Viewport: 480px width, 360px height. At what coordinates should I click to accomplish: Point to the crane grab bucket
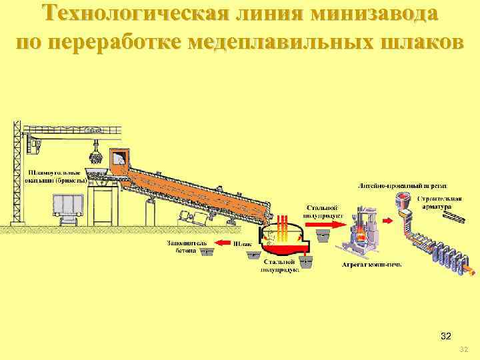coord(96,157)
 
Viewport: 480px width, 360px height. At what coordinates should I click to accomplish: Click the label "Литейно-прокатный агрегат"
coord(403,185)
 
